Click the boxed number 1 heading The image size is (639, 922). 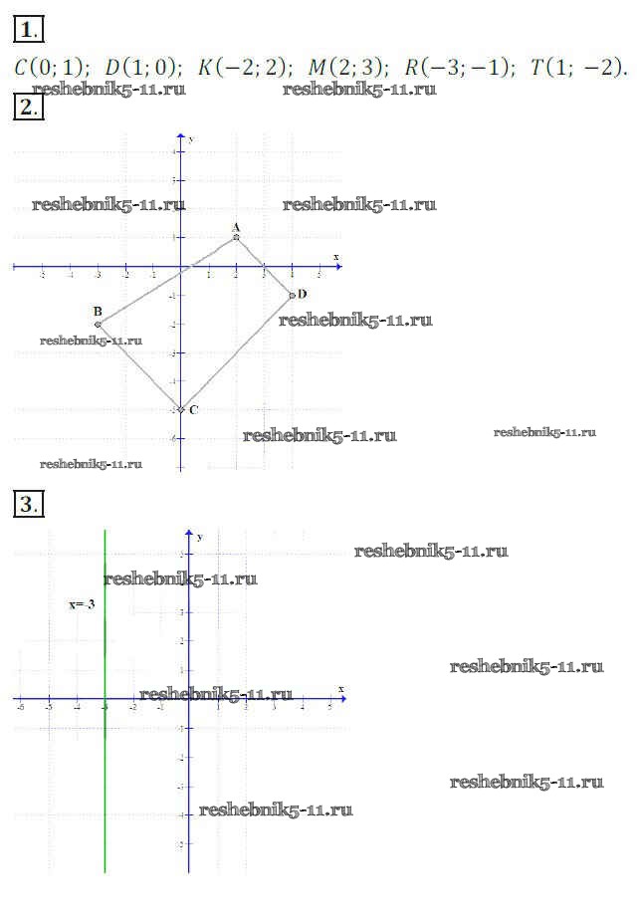25,29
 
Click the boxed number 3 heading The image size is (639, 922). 25,504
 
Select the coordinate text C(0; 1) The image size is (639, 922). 50,68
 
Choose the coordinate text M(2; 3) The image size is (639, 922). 347,68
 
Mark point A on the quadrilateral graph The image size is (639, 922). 236,237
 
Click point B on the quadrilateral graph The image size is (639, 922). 98,325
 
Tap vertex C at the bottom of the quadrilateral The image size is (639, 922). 180,409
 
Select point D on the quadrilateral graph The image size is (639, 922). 292,295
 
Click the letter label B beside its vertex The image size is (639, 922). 98,312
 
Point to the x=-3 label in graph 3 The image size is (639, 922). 82,604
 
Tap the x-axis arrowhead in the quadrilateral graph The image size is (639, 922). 338,267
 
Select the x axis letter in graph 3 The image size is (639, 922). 340,689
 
